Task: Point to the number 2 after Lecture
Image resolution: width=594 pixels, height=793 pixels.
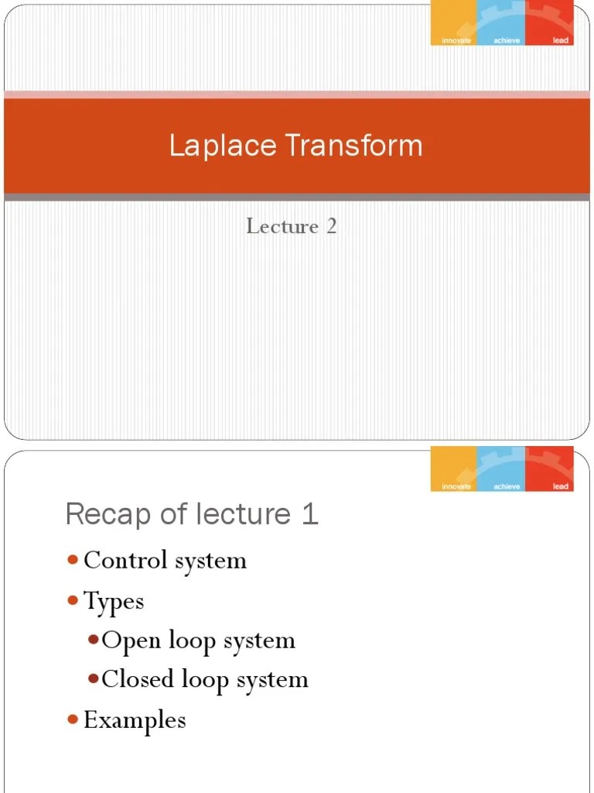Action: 331,226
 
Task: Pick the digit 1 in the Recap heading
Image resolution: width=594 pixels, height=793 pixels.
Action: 310,514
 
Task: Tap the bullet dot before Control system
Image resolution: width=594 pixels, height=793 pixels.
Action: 73,560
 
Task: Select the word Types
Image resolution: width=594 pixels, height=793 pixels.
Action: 114,602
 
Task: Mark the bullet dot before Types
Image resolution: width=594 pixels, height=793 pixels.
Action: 73,600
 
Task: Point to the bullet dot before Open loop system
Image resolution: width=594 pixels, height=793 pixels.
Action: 93,640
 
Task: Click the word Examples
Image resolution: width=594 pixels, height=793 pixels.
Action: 135,720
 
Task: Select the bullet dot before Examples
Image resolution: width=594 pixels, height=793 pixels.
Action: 73,719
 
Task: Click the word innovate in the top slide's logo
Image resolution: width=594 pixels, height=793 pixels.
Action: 456,40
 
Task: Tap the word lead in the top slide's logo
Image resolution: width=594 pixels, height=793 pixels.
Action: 561,40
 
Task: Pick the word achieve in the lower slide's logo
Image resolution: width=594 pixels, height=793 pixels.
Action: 502,486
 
